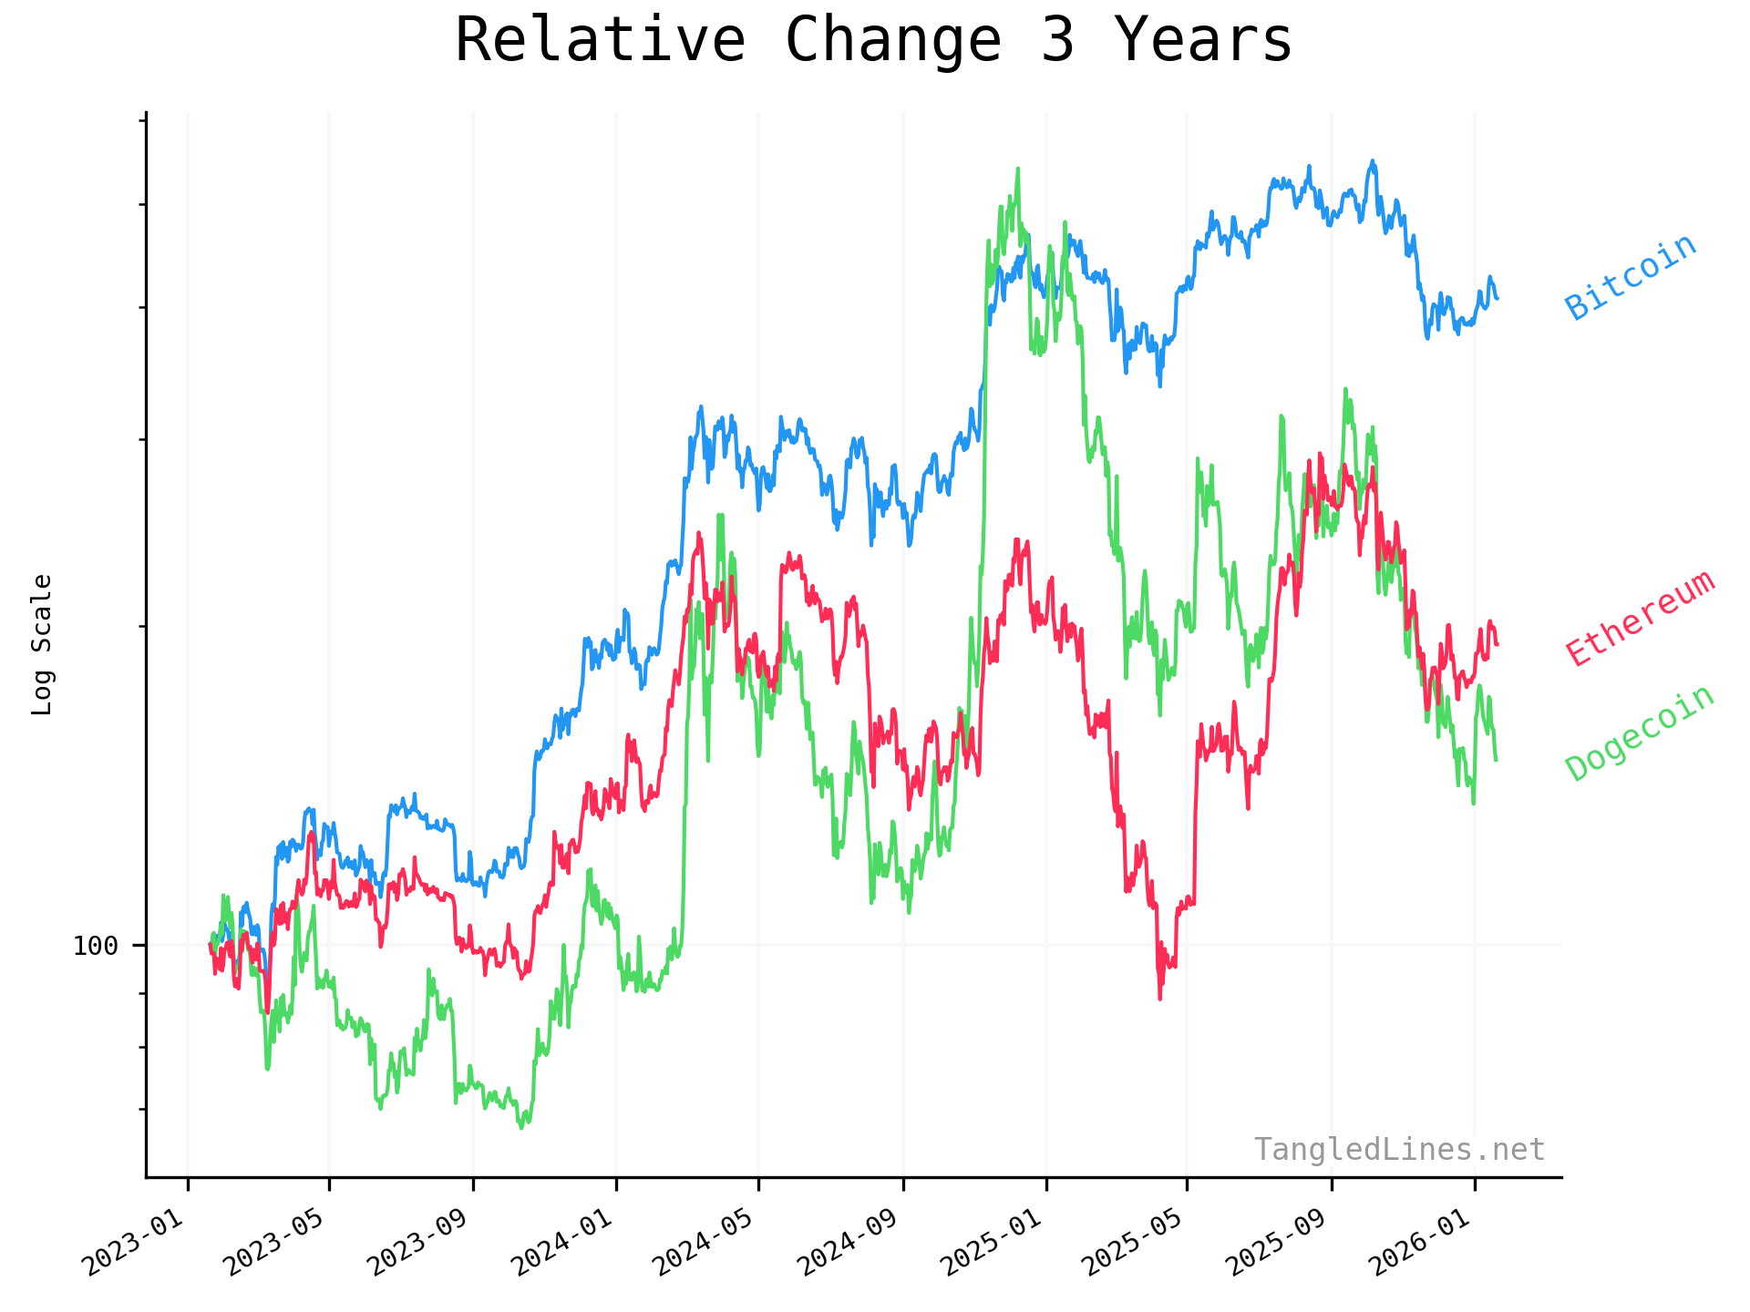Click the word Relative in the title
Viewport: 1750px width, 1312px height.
point(600,41)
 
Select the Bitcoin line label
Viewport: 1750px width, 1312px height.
point(1631,277)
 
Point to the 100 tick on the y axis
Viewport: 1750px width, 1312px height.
point(96,946)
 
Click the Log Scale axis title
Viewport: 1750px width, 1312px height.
point(42,644)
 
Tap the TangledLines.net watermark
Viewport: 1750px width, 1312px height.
point(1399,1150)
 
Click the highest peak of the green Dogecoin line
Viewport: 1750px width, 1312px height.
point(1018,169)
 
